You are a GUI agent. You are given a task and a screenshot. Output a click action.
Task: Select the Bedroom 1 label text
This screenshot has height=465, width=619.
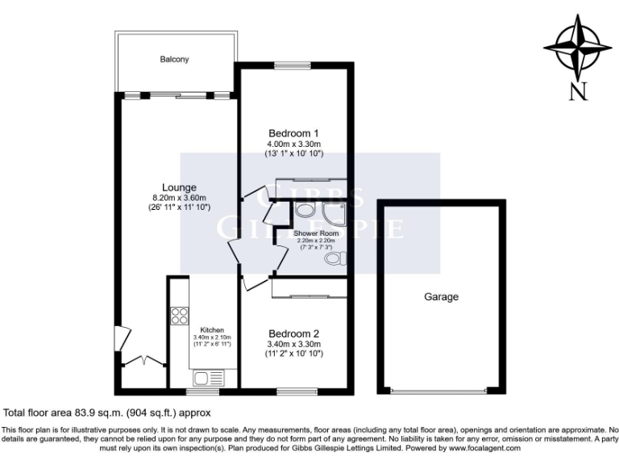293,133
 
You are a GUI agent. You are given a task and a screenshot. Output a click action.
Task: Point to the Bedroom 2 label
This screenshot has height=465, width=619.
293,333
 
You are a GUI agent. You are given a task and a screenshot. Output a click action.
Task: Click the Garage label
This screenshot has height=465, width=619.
441,297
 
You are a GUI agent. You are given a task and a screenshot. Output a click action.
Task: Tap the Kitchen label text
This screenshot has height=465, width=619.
211,330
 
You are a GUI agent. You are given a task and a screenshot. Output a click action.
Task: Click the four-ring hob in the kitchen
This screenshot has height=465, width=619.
178,317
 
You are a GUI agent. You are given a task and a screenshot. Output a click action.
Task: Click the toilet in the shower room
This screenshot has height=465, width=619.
339,258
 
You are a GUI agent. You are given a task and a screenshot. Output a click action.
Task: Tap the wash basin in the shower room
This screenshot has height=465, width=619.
304,211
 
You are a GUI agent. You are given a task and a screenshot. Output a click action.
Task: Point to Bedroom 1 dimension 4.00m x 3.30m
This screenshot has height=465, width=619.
293,144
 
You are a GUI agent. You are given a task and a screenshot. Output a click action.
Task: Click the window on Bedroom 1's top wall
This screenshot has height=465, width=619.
293,66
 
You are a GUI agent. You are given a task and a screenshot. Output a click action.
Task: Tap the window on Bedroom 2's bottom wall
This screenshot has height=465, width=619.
293,392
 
